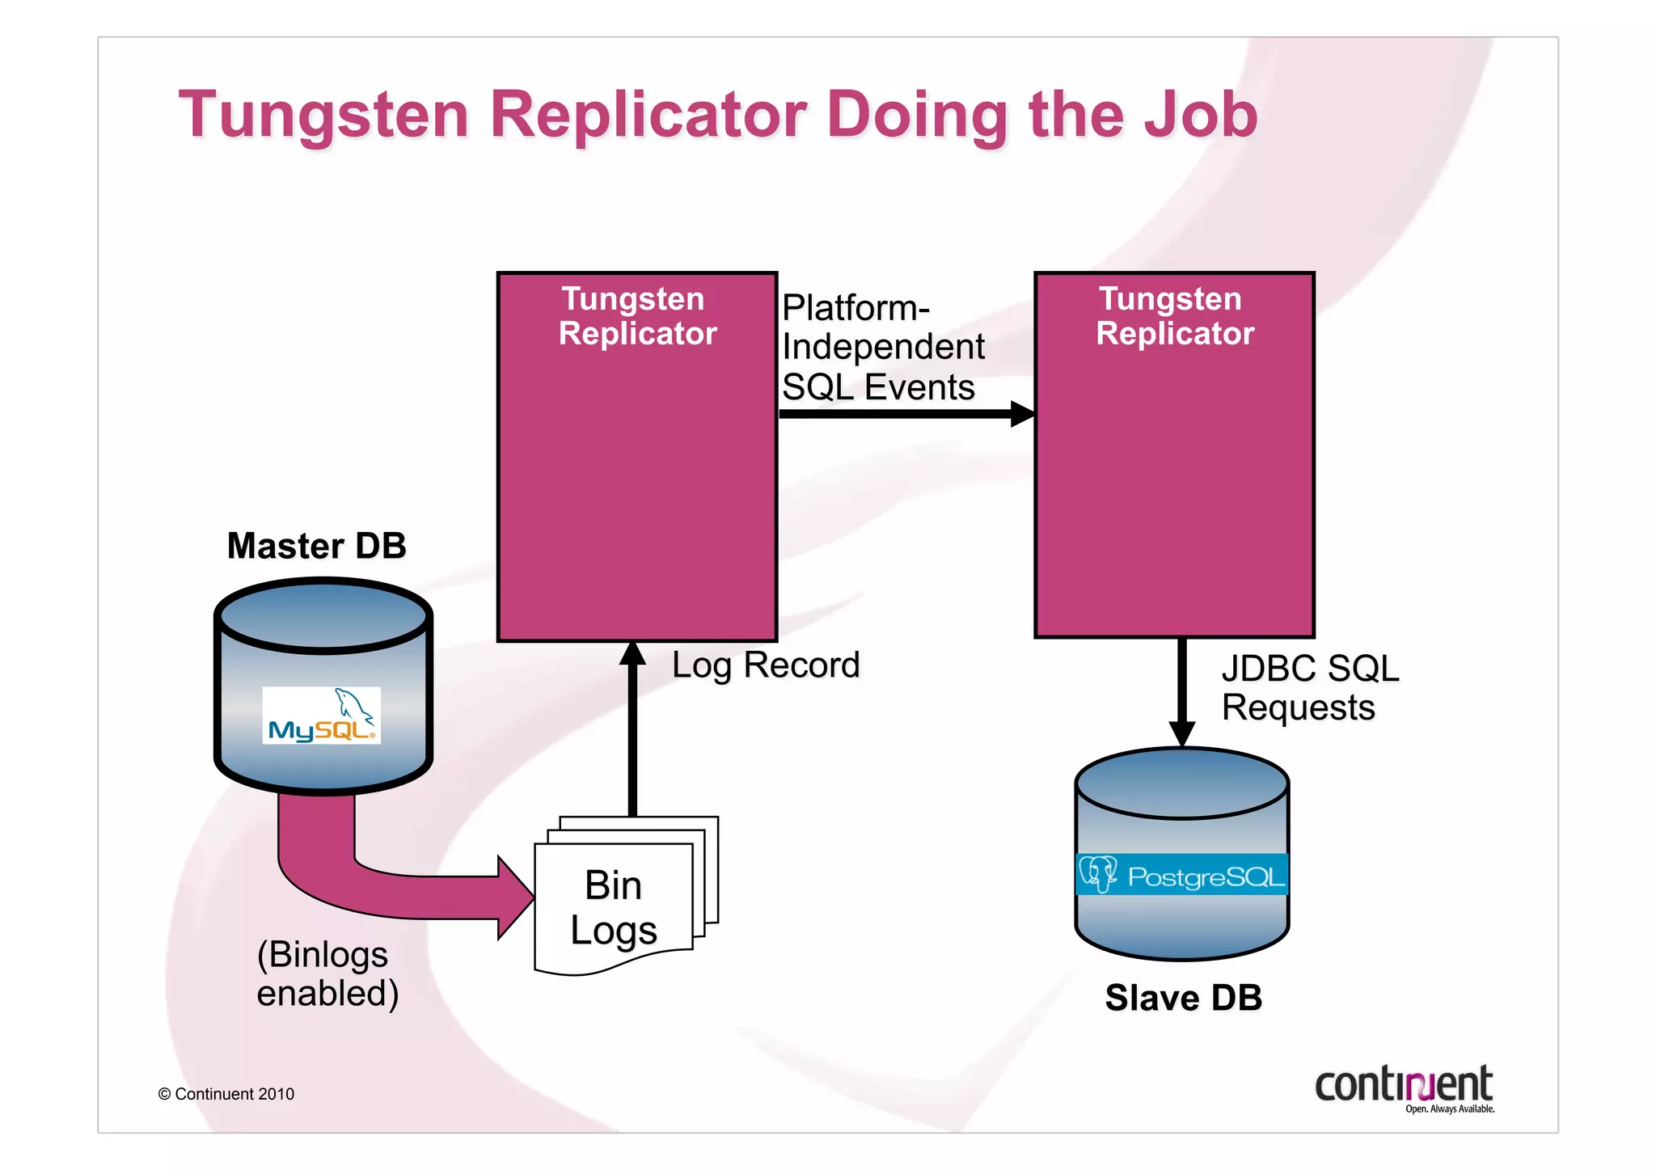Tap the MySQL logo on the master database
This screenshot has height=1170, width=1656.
tap(321, 716)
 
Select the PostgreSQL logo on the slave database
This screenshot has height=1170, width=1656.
tap(1181, 875)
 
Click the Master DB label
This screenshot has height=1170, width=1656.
tap(316, 546)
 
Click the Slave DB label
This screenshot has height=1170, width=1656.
tap(1183, 998)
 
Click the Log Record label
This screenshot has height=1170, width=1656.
tap(765, 665)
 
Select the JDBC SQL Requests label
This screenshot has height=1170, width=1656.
tap(1308, 688)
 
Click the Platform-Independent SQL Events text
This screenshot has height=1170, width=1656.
tap(881, 348)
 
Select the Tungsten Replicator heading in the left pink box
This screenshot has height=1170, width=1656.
tap(636, 316)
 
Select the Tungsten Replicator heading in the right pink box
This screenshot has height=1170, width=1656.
tap(1174, 316)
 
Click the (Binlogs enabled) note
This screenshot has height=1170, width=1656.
tap(327, 974)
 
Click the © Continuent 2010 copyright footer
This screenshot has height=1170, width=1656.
tap(226, 1094)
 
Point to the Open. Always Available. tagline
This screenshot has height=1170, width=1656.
tap(1449, 1109)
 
